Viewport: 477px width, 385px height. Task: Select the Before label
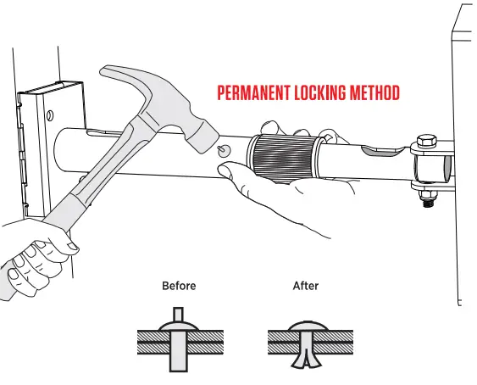coord(179,286)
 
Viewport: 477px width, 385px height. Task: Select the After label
coord(305,286)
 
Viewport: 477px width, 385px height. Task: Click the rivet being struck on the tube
coord(224,151)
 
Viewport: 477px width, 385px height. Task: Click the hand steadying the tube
coord(280,191)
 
